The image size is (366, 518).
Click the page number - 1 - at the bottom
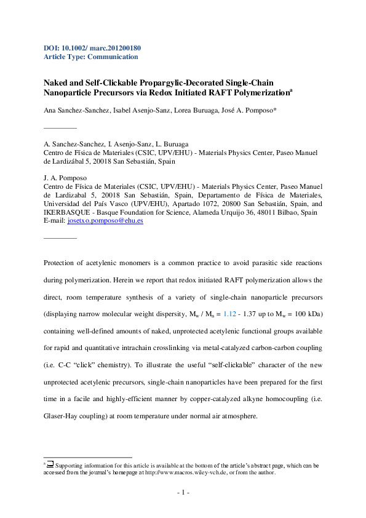[x=183, y=493]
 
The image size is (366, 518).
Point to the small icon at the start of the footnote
[x=50, y=465]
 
